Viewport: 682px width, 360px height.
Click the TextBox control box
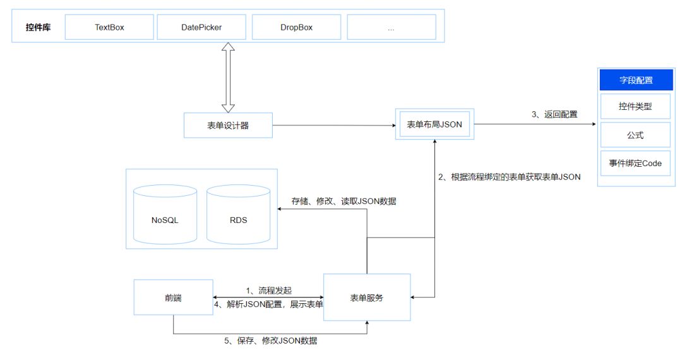[109, 27]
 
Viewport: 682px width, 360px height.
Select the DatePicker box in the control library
[201, 27]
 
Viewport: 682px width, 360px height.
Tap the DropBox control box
[296, 27]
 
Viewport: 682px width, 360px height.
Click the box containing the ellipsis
[391, 27]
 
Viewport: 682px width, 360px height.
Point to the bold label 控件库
[38, 28]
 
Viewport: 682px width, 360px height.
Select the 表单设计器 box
[228, 125]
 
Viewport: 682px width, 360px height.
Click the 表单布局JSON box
[434, 124]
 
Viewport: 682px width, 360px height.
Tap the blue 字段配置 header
[635, 80]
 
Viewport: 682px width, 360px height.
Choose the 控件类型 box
[635, 107]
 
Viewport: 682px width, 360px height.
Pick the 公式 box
[635, 135]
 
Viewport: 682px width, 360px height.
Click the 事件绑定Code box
[635, 163]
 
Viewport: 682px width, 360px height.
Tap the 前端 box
[173, 297]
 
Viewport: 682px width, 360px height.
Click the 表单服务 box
[367, 297]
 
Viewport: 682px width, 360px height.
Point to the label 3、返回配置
[554, 114]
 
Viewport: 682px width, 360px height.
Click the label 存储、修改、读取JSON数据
[344, 201]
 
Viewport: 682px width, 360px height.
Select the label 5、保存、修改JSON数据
[270, 340]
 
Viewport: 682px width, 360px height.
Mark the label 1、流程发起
[269, 290]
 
